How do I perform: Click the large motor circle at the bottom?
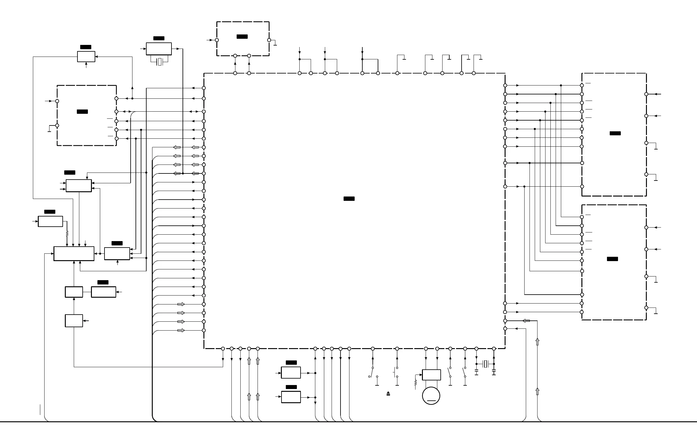(431, 396)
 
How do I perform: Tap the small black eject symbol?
(388, 393)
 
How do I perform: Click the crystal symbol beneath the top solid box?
(159, 62)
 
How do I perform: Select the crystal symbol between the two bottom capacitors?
(485, 364)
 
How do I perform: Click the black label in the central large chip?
(349, 199)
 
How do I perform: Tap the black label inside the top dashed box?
(242, 37)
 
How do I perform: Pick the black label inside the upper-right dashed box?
(615, 133)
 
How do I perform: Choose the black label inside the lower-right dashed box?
(612, 259)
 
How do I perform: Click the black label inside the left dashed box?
(82, 112)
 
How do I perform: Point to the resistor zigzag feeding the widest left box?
(67, 234)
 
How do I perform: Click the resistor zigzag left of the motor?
(415, 383)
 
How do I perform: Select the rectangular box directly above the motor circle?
(431, 375)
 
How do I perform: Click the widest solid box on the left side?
(74, 254)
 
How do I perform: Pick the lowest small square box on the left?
(74, 321)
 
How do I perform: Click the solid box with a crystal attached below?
(159, 49)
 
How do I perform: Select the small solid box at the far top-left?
(86, 57)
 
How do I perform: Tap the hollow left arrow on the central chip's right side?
(526, 321)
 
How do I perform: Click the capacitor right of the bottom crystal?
(494, 373)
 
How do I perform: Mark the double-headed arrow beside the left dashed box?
(127, 111)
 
